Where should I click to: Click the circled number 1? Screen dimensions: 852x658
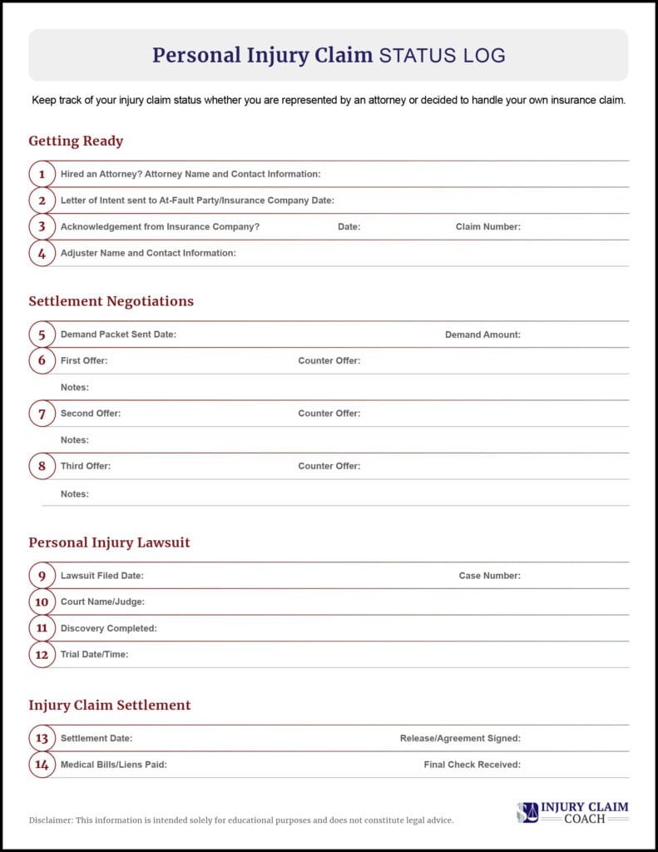[42, 175]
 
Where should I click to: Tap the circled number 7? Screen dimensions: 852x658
[42, 414]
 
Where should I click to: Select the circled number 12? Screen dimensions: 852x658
[42, 655]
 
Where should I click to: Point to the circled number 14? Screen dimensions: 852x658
[42, 765]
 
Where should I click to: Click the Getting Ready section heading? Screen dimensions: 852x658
[76, 141]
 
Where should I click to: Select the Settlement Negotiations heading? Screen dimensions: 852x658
[111, 301]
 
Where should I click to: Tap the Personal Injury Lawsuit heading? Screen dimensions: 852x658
[109, 542]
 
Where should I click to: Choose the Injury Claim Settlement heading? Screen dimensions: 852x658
[110, 706]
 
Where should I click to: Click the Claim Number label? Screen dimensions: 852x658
[487, 227]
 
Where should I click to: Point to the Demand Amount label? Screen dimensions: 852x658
[482, 334]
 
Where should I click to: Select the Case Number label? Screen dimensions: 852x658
[489, 576]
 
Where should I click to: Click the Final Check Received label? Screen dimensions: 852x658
[472, 765]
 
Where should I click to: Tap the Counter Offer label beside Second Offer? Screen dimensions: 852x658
[329, 414]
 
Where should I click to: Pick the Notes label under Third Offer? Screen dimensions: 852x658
[74, 494]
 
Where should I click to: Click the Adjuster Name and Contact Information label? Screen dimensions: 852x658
[148, 253]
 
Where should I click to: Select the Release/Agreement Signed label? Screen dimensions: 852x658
[460, 738]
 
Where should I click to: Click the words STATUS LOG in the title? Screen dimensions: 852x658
[442, 56]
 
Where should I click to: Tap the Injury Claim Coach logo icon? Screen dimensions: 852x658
[527, 812]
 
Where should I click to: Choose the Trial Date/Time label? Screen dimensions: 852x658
[94, 655]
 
